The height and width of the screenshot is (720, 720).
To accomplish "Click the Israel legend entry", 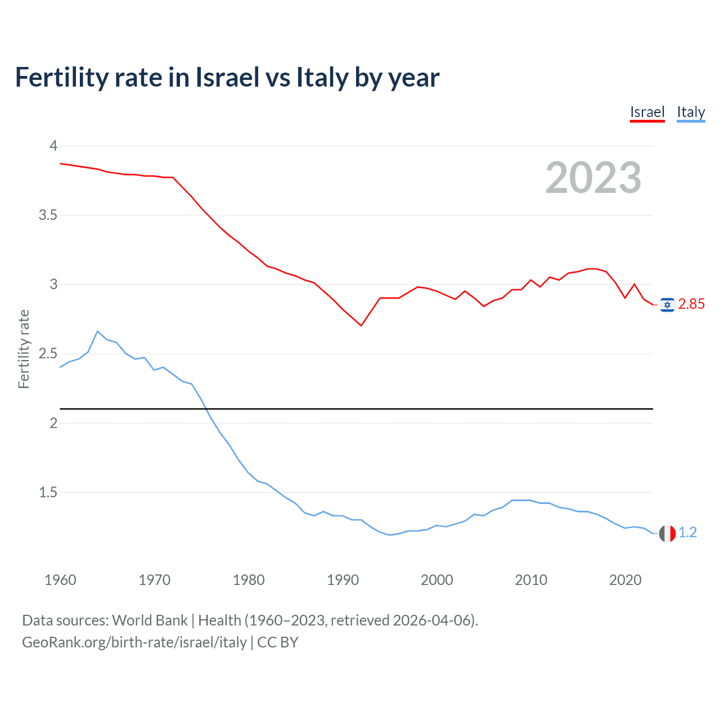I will (647, 112).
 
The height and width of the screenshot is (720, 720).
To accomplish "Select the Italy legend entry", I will (691, 112).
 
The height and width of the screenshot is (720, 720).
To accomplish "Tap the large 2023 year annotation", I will (593, 178).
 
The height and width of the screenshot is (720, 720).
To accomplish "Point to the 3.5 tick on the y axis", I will (48, 215).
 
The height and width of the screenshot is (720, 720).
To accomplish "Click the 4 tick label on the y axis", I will (53, 146).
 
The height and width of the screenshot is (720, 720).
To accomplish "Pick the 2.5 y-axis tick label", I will (48, 354).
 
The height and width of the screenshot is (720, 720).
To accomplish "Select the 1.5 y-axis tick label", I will (48, 493).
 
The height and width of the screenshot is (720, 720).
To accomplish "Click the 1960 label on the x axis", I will (60, 580).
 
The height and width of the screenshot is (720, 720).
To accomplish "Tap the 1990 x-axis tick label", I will (343, 580).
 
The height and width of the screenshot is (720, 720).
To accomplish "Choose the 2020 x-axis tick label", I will (625, 580).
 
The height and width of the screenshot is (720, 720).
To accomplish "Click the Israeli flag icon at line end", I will (667, 305).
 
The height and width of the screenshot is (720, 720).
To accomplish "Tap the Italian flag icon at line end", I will (667, 533).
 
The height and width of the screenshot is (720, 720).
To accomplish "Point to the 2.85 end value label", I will (691, 304).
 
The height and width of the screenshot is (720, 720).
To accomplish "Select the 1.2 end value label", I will (687, 533).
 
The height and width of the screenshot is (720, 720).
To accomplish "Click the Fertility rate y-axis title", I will (24, 349).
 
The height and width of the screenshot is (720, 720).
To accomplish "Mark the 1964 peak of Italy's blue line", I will (97, 331).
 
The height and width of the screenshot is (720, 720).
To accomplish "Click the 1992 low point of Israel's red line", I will (361, 325).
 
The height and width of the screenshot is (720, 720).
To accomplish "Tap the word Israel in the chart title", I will (227, 77).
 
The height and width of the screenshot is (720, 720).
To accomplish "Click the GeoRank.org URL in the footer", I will (134, 642).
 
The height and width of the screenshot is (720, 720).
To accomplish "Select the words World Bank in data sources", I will (150, 620).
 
